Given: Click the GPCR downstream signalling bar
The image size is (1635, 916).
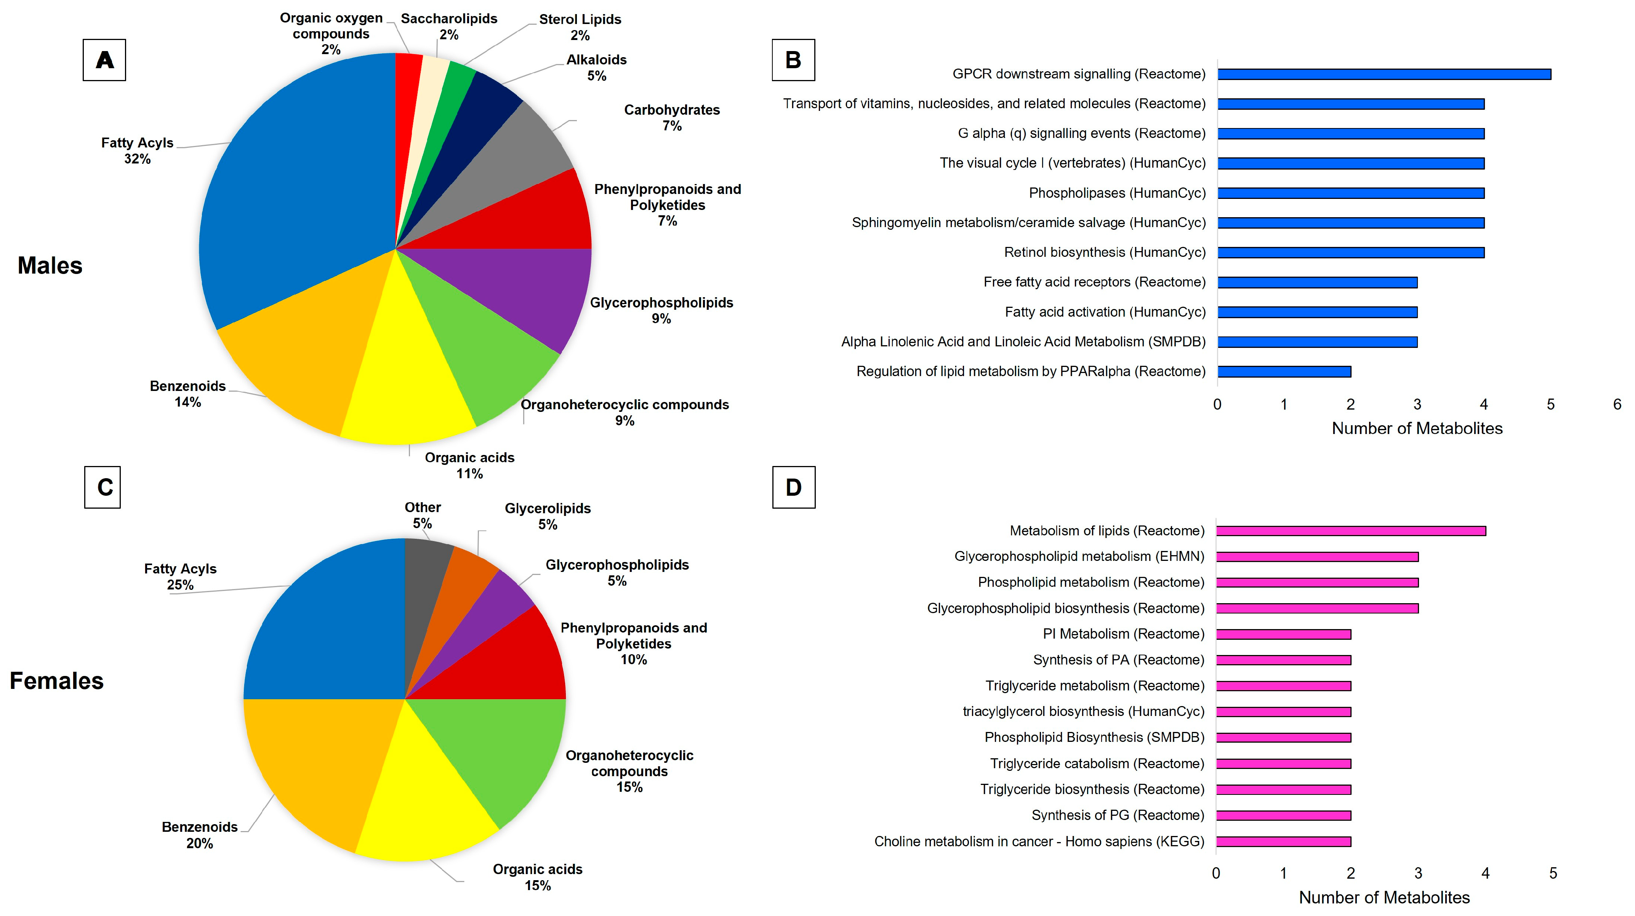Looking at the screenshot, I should pyautogui.click(x=1384, y=74).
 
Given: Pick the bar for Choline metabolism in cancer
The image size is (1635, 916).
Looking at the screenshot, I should pyautogui.click(x=1283, y=842).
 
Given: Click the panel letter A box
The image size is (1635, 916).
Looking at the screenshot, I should pyautogui.click(x=104, y=60).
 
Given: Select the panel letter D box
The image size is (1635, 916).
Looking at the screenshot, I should pyautogui.click(x=793, y=487).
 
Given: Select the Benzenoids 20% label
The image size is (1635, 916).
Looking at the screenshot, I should pyautogui.click(x=199, y=835).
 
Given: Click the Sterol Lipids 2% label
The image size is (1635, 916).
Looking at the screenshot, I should pyautogui.click(x=580, y=27).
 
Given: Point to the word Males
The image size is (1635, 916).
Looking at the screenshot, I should pyautogui.click(x=50, y=265).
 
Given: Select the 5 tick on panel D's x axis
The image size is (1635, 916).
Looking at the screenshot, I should pyautogui.click(x=1552, y=873).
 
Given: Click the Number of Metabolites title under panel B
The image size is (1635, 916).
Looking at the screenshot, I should pyautogui.click(x=1417, y=429).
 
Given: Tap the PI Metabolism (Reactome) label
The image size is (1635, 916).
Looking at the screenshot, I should pyautogui.click(x=1123, y=634).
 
